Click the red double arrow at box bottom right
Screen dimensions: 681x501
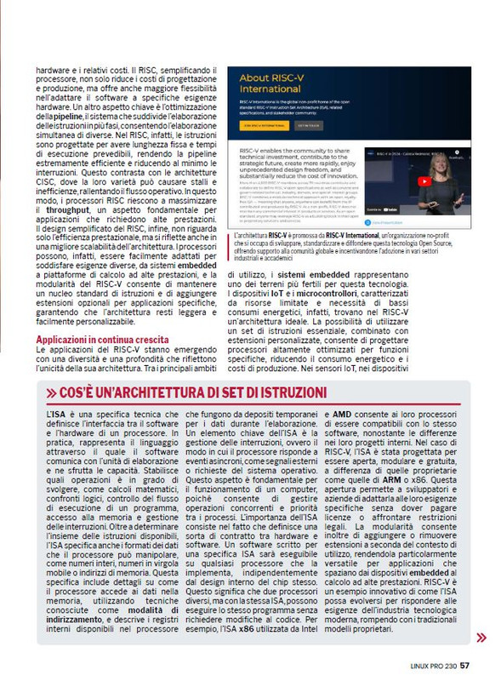click(481, 637)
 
